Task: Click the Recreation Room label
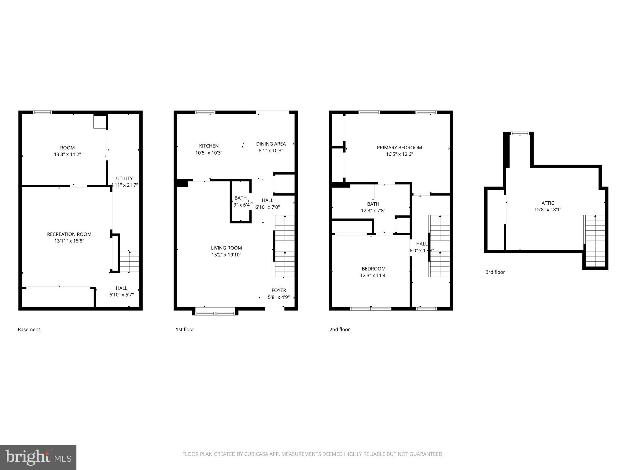(x=69, y=234)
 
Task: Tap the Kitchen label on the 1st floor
(x=209, y=146)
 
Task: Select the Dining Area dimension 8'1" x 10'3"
(x=271, y=151)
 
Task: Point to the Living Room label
(x=226, y=248)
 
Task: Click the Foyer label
(x=279, y=290)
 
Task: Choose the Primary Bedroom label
(x=399, y=147)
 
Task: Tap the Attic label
(x=548, y=203)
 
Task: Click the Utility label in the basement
(x=124, y=178)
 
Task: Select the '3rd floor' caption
(x=495, y=272)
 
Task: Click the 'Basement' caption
(x=29, y=330)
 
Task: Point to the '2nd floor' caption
(x=339, y=330)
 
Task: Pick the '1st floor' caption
(x=185, y=330)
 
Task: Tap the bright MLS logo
(x=38, y=457)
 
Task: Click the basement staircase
(x=129, y=261)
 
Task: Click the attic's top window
(x=520, y=133)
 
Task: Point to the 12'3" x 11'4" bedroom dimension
(x=374, y=275)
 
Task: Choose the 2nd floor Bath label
(x=373, y=204)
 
